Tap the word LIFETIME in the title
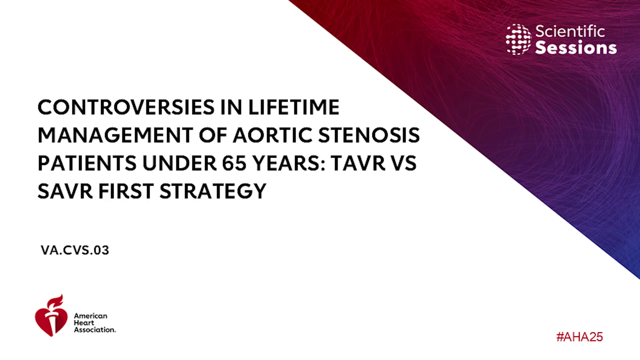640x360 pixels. click(294, 107)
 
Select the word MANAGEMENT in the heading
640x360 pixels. click(115, 135)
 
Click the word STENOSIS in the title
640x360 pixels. click(369, 135)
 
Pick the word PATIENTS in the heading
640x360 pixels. click(87, 163)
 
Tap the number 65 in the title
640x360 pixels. click(234, 163)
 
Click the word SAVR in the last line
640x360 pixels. click(65, 191)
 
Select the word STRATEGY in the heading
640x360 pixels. click(213, 191)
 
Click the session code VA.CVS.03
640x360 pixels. click(75, 250)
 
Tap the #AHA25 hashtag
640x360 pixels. click(580, 337)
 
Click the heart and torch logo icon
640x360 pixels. click(51, 315)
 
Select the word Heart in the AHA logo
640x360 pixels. click(84, 323)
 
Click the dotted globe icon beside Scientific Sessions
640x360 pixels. click(518, 39)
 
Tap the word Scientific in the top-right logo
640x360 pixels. click(570, 31)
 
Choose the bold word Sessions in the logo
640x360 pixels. click(576, 48)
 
